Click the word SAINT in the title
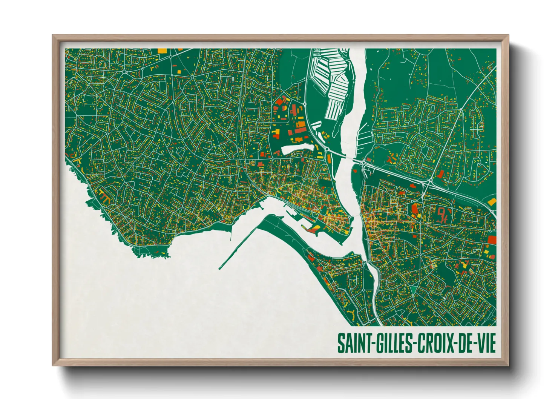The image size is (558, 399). [354, 343]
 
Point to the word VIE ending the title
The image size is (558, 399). [486, 343]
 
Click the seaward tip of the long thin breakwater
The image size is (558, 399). [220, 269]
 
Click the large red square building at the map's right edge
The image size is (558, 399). [492, 240]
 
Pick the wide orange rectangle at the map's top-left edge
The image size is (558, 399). [161, 50]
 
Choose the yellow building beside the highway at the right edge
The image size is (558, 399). [492, 202]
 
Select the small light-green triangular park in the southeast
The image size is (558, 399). [414, 288]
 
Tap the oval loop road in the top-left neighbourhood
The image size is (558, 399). [102, 64]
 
